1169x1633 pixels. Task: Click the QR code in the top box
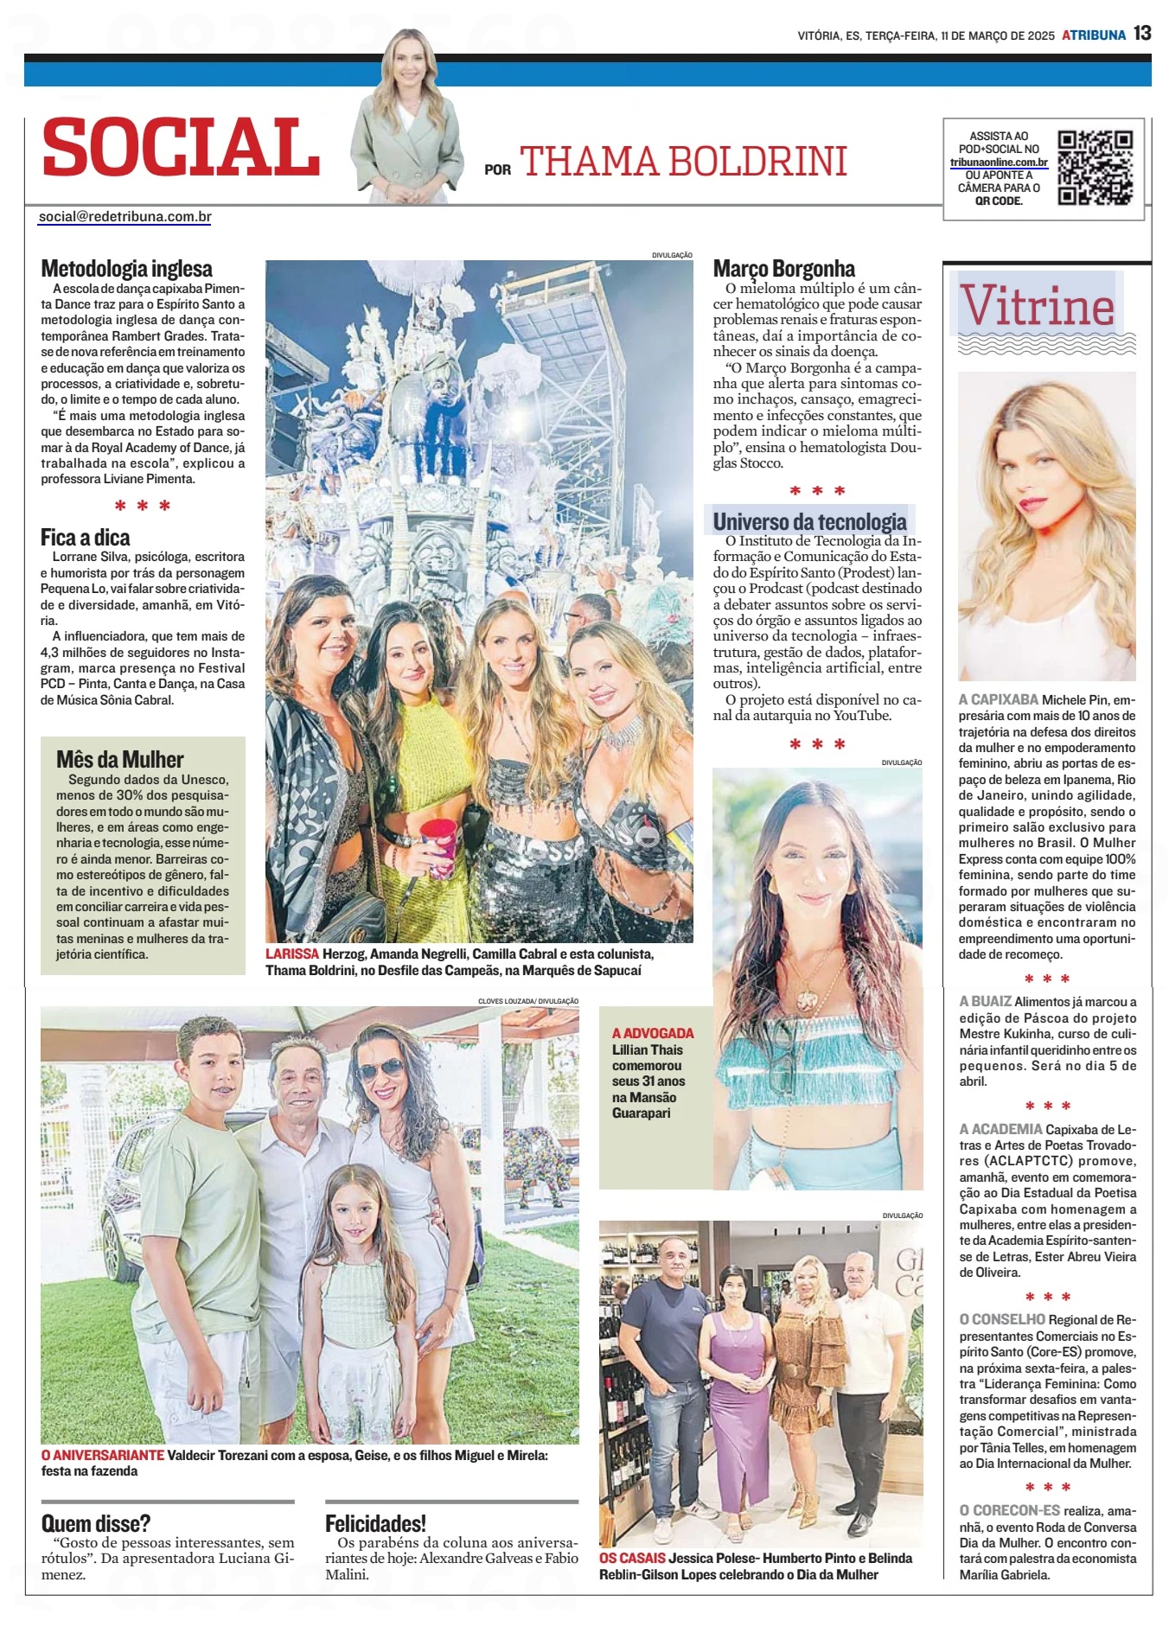[x=1096, y=168]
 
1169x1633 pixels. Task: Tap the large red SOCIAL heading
[x=182, y=147]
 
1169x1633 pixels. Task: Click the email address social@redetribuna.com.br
[x=125, y=217]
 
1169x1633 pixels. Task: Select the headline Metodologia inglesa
[x=126, y=269]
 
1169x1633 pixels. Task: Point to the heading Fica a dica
[x=85, y=538]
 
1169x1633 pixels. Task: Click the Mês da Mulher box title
[x=120, y=760]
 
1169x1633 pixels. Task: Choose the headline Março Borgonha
[x=783, y=269]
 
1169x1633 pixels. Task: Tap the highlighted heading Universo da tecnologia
[x=809, y=522]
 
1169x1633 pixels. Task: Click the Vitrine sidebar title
[x=1038, y=306]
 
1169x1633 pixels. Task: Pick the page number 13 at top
[x=1142, y=34]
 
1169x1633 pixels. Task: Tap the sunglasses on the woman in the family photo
[x=380, y=1070]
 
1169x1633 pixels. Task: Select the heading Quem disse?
[x=96, y=1523]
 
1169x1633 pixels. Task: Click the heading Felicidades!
[x=375, y=1523]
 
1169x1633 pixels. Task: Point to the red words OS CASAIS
[x=632, y=1559]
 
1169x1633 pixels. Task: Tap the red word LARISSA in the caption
[x=292, y=954]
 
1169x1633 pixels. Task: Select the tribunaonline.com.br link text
[x=999, y=163]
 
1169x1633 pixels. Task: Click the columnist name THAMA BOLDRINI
[x=683, y=162]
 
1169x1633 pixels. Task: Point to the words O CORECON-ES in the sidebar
[x=1009, y=1510]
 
